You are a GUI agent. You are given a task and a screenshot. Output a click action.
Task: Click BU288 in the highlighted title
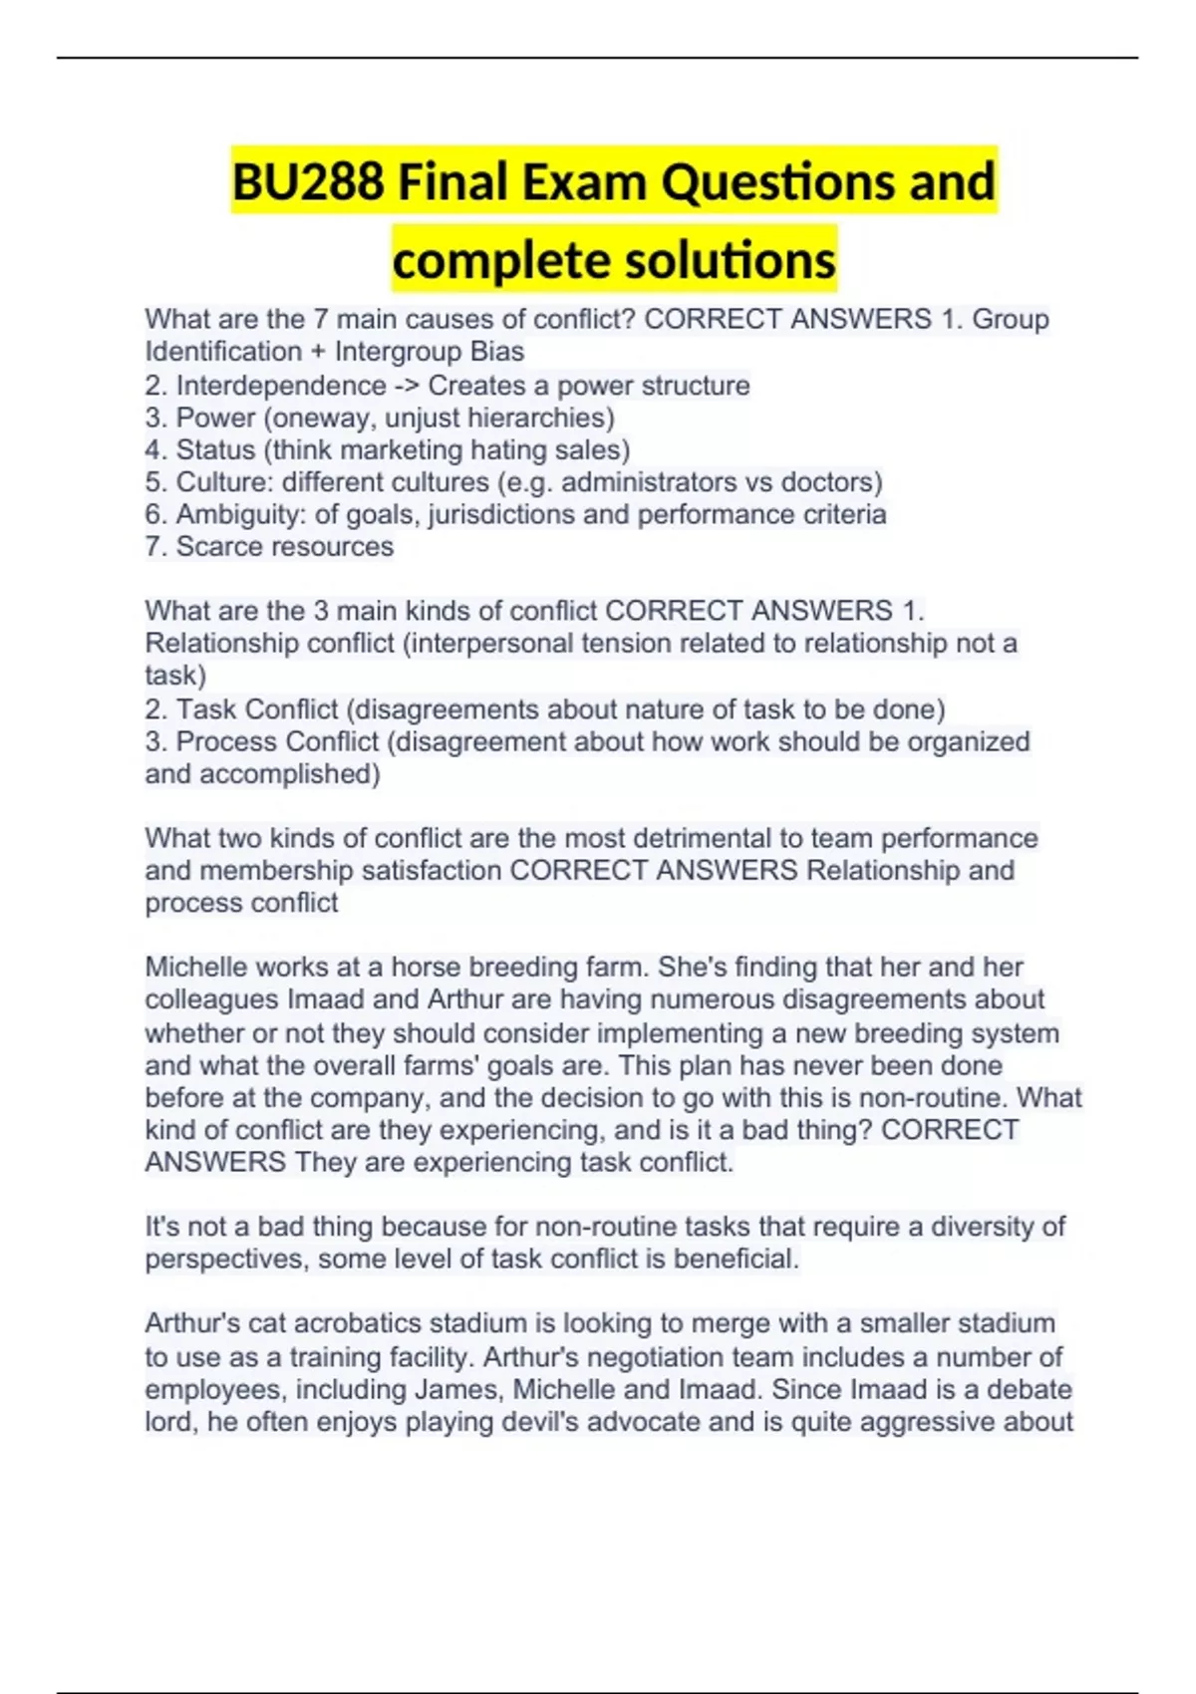308,182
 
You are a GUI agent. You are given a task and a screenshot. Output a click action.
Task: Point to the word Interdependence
281,386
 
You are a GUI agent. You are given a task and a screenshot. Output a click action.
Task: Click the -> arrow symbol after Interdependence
408,386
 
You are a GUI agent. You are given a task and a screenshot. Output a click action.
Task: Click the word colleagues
211,999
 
